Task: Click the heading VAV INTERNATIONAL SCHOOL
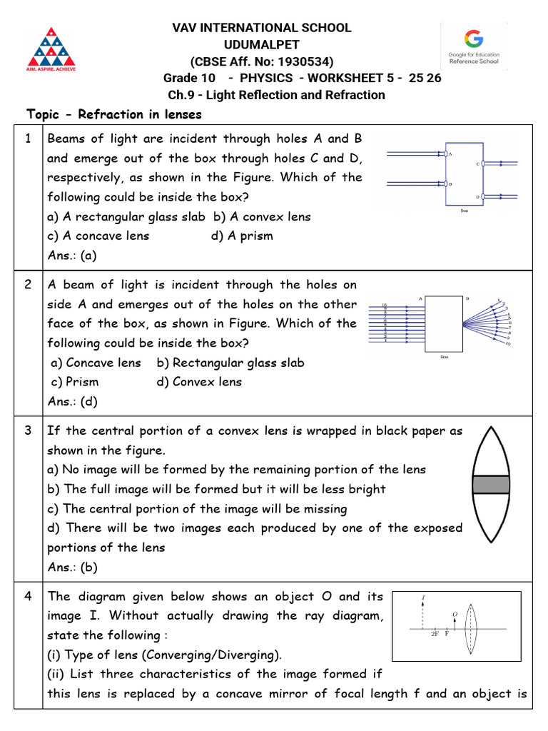262,28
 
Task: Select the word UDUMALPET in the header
261,44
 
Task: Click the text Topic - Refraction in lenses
114,114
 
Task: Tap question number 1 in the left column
28,139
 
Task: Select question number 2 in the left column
28,285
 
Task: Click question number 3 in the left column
28,431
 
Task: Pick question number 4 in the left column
28,597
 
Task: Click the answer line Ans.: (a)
72,255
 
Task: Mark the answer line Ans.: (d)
72,401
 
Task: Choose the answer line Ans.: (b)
72,568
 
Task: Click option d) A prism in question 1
242,236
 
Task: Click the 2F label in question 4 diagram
434,634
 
